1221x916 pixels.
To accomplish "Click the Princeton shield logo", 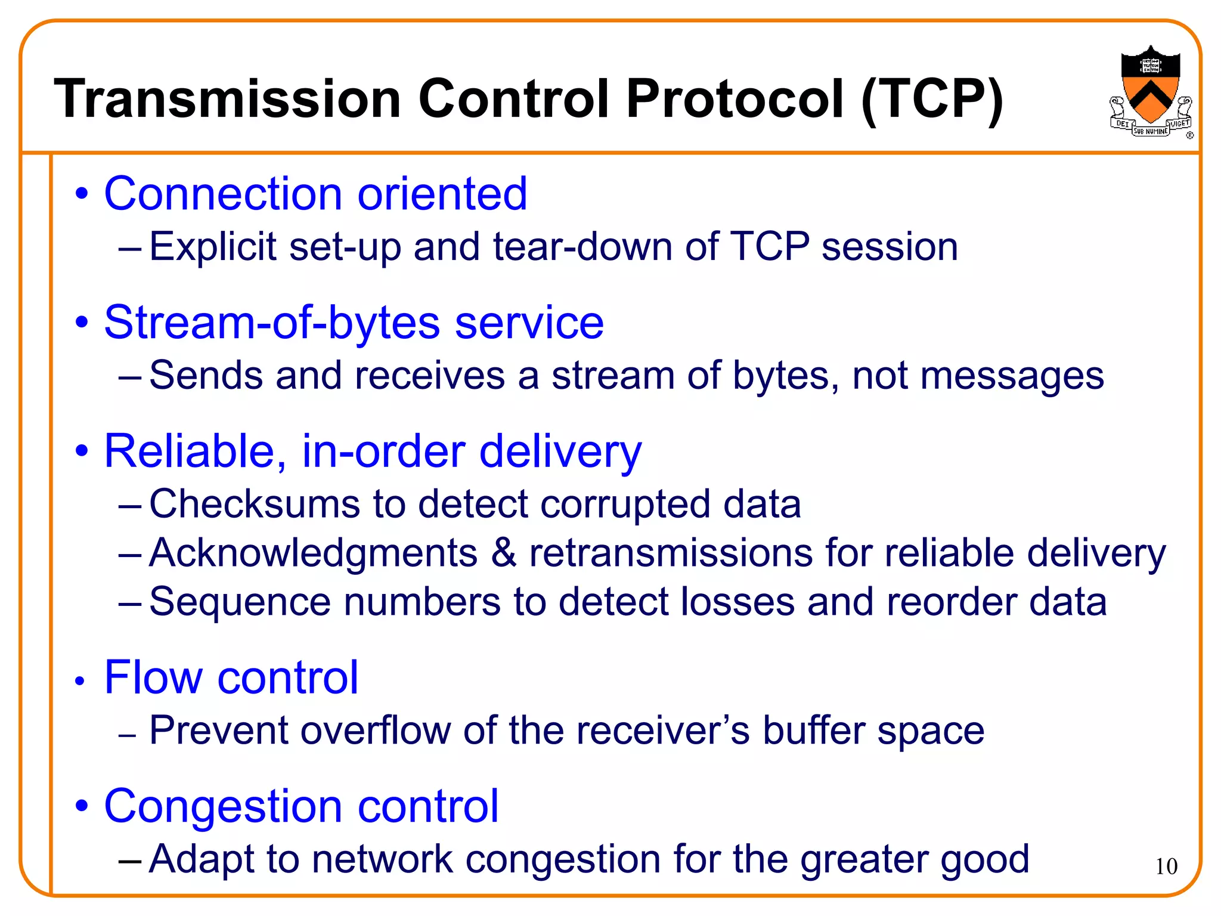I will [1150, 89].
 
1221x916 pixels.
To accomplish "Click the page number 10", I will [1166, 867].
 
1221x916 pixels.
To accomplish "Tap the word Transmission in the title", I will [227, 99].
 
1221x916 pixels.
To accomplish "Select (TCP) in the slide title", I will [932, 100].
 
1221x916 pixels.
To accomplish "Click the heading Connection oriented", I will [315, 194].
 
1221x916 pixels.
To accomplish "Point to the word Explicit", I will [213, 247].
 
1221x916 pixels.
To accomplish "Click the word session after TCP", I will [890, 247].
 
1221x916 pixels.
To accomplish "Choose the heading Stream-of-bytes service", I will [354, 323].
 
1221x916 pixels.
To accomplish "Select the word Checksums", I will [255, 505].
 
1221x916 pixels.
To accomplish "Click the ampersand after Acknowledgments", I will [504, 553].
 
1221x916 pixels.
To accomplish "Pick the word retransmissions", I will [671, 553].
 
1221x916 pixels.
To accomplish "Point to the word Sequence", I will [240, 602].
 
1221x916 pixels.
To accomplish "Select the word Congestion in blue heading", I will [224, 806].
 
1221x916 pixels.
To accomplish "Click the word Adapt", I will [202, 860].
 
